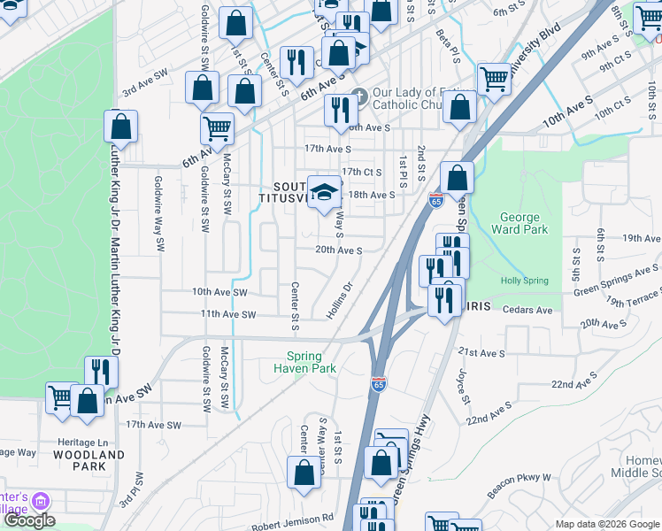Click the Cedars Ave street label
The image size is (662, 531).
(527, 311)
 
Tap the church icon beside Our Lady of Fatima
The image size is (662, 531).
(358, 96)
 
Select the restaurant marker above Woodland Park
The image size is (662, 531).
(101, 371)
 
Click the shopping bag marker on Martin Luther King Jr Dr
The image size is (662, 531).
(120, 126)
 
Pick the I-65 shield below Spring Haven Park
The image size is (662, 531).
(379, 383)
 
